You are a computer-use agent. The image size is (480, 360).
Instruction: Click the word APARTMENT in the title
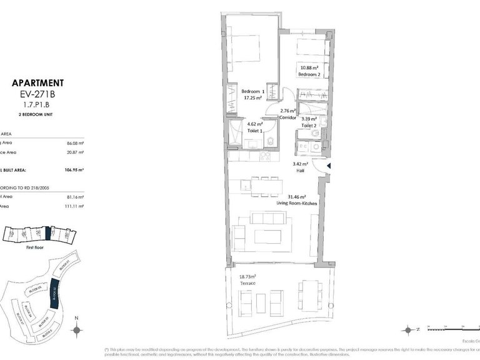click(x=37, y=82)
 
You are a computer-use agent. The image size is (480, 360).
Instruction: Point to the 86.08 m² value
click(x=74, y=143)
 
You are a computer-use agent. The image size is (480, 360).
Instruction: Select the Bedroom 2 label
click(x=309, y=74)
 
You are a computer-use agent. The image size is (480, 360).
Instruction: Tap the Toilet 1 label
click(x=254, y=132)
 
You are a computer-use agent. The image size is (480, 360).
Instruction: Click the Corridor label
click(x=287, y=117)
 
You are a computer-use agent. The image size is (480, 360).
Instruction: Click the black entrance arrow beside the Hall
click(x=329, y=166)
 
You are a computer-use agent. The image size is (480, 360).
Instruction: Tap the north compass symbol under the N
click(x=76, y=331)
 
